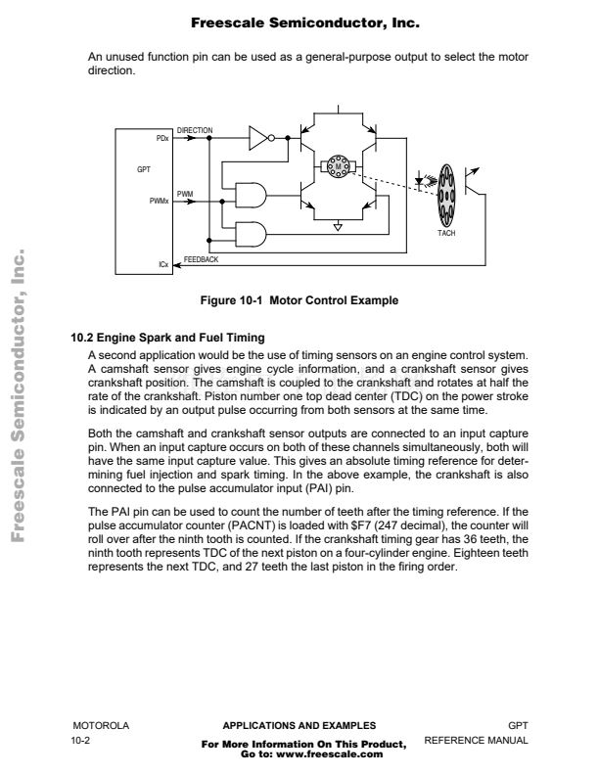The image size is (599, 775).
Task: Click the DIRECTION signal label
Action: [x=195, y=130]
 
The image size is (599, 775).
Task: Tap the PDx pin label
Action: [x=162, y=138]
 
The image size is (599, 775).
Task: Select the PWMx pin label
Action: [x=160, y=202]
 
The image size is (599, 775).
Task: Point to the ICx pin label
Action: [x=163, y=264]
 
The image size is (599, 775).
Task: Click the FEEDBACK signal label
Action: [x=202, y=259]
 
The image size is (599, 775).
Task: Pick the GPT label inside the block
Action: [x=144, y=169]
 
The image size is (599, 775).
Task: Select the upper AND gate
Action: [x=252, y=195]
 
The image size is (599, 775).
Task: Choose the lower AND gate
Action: [x=252, y=234]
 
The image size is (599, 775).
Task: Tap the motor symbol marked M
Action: [x=339, y=166]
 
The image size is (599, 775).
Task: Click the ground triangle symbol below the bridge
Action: [x=338, y=227]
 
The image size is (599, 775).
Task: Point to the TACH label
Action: [x=446, y=233]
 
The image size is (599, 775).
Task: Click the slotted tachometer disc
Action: [x=446, y=196]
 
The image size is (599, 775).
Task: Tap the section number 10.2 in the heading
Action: [x=82, y=338]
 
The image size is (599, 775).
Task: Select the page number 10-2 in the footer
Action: [x=80, y=741]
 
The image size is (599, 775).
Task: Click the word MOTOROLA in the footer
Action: [x=101, y=725]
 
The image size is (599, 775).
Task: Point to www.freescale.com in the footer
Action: [x=330, y=754]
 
